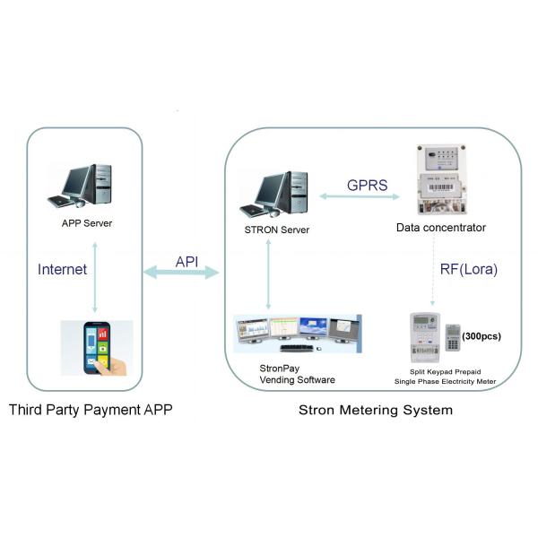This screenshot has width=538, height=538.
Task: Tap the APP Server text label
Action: (86, 223)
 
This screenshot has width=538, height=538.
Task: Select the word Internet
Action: (63, 268)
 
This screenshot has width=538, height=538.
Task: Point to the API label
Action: (187, 260)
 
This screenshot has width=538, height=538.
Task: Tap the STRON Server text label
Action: (277, 230)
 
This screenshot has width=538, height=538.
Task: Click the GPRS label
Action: (367, 186)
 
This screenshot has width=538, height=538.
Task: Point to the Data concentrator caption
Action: (441, 228)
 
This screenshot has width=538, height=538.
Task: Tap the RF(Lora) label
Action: (469, 268)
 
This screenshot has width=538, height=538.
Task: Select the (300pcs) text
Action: (484, 336)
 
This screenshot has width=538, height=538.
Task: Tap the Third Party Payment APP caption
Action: (90, 411)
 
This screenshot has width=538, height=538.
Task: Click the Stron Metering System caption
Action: (376, 411)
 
